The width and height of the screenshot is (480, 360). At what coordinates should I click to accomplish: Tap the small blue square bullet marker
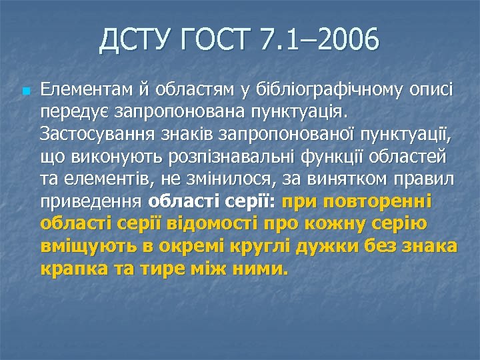pos(25,90)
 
